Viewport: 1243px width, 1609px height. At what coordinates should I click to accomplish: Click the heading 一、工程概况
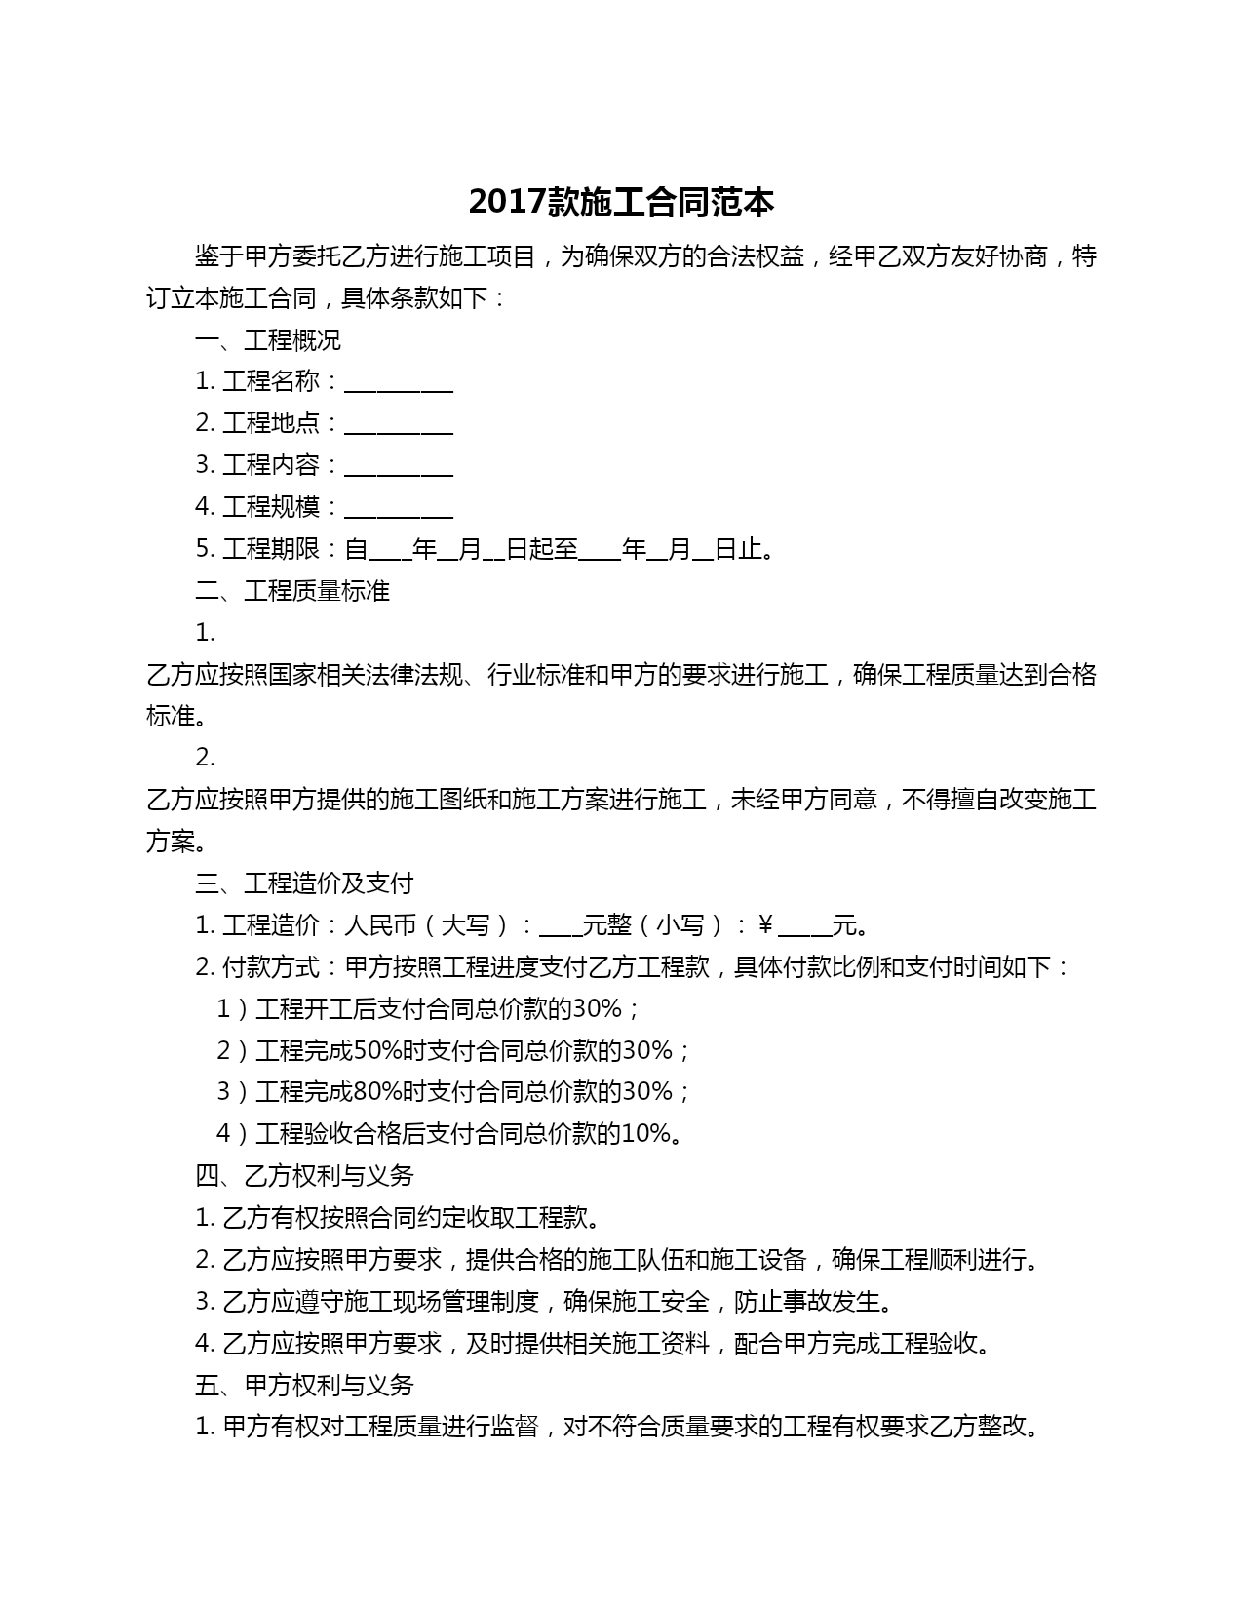[x=268, y=340]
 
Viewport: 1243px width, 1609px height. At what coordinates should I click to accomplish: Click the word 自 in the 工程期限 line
[x=357, y=549]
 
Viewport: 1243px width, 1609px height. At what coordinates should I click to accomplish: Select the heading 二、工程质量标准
[x=292, y=591]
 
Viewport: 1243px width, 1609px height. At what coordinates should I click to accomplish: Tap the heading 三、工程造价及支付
[x=304, y=883]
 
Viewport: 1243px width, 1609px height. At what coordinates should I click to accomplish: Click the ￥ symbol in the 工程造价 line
[x=765, y=925]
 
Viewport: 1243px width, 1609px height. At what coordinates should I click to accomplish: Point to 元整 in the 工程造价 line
[x=606, y=925]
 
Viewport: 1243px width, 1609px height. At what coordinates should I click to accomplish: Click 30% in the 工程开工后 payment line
[x=597, y=1008]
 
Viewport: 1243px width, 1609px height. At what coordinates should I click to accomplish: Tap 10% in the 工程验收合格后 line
[x=645, y=1134]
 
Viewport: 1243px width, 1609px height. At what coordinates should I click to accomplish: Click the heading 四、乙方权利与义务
[x=304, y=1176]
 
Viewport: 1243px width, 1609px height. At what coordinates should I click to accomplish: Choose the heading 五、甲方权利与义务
[x=304, y=1386]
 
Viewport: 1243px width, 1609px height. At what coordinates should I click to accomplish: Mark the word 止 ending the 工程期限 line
[x=751, y=549]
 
